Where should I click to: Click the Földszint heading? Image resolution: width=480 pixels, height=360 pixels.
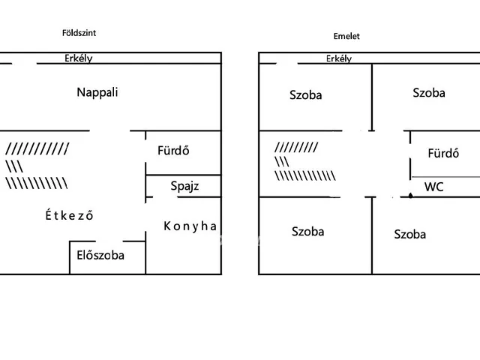click(79, 33)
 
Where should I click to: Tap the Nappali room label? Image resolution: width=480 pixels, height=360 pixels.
click(97, 93)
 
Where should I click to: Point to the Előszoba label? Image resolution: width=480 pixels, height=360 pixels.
click(100, 254)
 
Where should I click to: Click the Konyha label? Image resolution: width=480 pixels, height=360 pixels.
click(190, 226)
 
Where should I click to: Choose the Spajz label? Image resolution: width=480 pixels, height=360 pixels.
click(184, 185)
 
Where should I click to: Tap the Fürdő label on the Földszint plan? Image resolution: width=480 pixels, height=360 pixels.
click(172, 150)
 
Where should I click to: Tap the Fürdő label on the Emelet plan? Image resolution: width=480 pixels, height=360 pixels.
click(442, 154)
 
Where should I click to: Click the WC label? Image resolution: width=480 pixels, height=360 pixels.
click(433, 187)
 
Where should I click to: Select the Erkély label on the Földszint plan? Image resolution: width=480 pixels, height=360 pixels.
click(77, 58)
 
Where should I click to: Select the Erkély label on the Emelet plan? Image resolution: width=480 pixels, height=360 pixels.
click(339, 58)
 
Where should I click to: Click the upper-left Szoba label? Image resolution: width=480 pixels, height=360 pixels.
click(306, 95)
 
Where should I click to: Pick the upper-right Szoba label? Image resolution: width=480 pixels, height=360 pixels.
click(428, 93)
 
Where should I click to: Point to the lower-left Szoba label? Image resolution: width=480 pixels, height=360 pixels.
click(307, 232)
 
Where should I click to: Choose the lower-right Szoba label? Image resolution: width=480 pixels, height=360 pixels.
click(409, 235)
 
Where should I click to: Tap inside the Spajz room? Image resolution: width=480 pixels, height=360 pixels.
click(202, 185)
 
